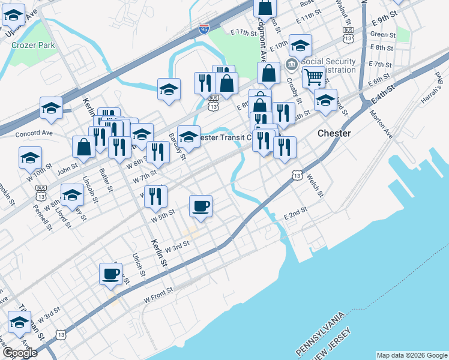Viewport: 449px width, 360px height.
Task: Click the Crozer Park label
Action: (36, 45)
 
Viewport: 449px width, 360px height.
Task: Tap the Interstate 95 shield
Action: (204, 28)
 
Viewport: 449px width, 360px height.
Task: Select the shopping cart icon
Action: (313, 77)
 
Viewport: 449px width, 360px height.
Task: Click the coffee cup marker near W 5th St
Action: (201, 206)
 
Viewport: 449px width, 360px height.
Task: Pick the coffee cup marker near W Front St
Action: (110, 274)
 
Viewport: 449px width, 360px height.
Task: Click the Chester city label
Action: (333, 133)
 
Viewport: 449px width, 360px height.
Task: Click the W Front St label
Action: (158, 294)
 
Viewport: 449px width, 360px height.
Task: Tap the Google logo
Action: (20, 353)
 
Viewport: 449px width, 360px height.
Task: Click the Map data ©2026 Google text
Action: (411, 355)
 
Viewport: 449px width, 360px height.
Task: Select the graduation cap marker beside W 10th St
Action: (30, 158)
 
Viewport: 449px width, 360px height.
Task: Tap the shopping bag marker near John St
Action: (84, 147)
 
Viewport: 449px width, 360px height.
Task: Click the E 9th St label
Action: (385, 16)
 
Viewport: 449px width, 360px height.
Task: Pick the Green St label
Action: (382, 35)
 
